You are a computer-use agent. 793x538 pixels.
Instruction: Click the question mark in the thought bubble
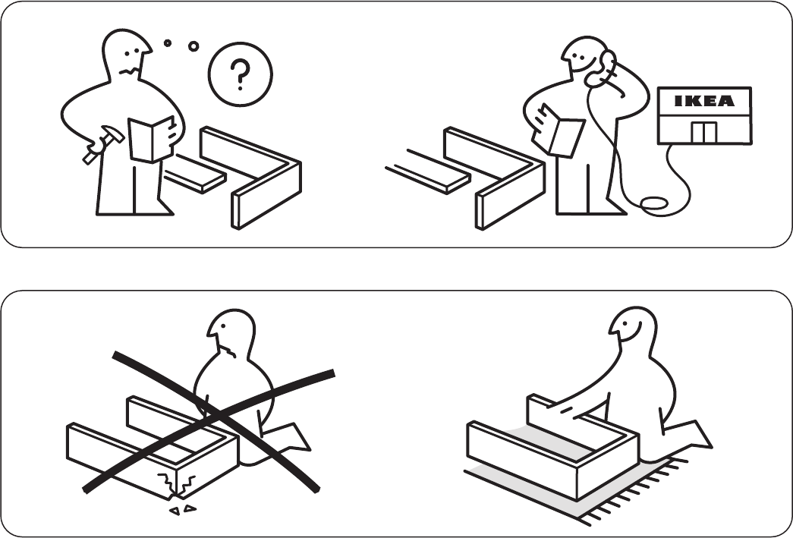click(241, 74)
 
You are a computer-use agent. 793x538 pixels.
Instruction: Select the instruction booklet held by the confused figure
click(151, 139)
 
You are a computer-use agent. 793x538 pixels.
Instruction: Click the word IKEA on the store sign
click(704, 101)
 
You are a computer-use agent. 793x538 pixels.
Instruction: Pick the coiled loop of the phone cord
click(654, 204)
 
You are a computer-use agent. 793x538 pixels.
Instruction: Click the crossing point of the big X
click(215, 416)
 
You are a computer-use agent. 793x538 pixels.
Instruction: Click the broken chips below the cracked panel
click(183, 510)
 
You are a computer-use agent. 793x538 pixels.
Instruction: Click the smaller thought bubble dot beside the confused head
click(168, 43)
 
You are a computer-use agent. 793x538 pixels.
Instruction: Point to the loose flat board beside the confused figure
click(195, 174)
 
